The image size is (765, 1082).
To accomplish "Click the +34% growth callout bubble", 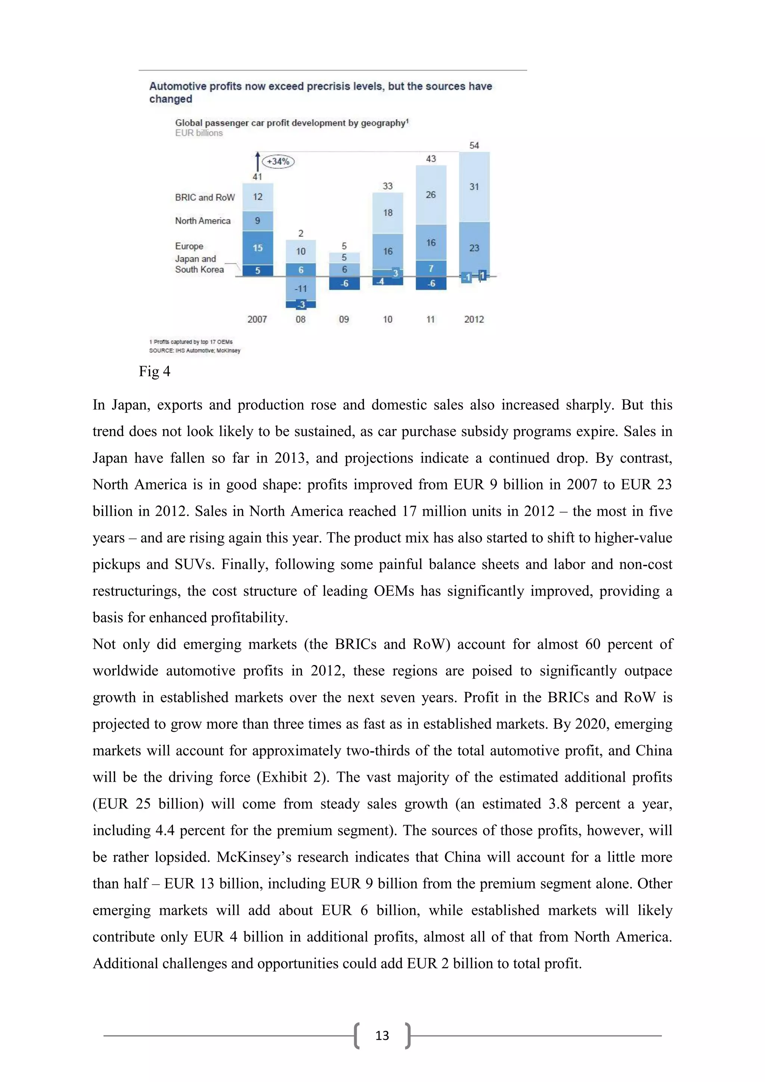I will (278, 162).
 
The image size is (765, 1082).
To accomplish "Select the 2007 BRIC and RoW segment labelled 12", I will (258, 197).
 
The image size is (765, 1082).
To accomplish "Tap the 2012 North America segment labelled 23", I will (474, 248).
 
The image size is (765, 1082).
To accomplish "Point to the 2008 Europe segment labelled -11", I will (301, 288).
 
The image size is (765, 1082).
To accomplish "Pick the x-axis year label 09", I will (344, 319).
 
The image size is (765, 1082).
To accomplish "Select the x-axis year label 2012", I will (474, 319).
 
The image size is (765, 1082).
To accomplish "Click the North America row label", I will (202, 220).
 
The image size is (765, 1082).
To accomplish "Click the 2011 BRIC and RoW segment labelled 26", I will (431, 195).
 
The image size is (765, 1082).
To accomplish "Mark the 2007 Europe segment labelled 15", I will (258, 248).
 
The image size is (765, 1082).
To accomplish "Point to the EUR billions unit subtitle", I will (199, 133).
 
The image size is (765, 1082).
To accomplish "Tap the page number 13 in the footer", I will (382, 1035).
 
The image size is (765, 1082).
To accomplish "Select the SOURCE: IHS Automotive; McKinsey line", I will (195, 350).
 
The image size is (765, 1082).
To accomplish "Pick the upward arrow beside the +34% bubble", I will (257, 162).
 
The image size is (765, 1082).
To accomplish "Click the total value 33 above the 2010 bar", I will (387, 186).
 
